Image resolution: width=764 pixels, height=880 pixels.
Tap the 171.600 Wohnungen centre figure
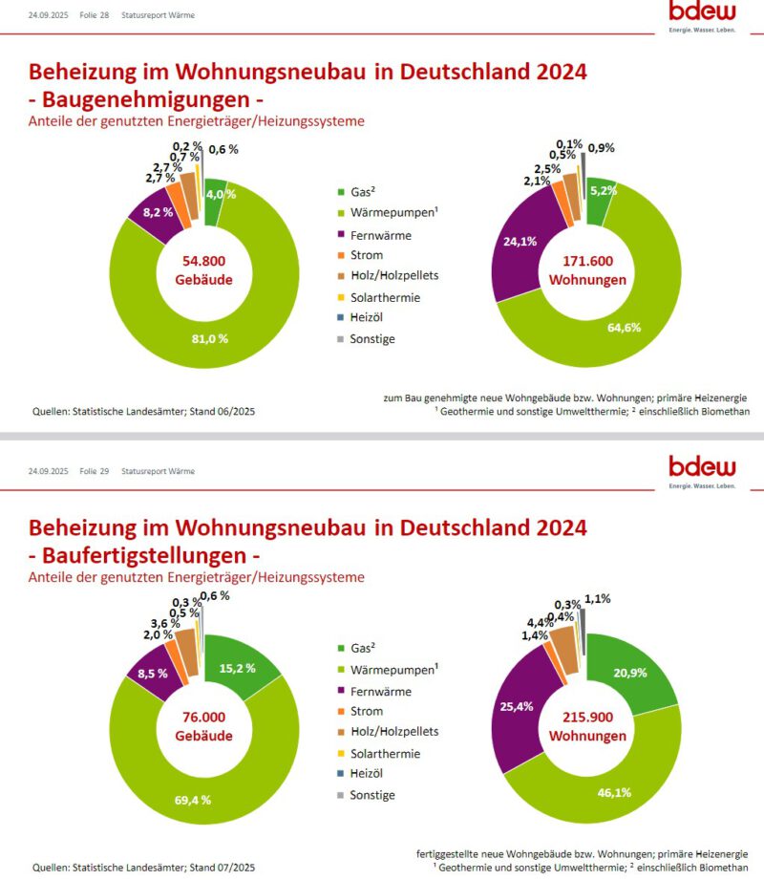587,270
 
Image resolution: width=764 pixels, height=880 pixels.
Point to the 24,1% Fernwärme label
520,241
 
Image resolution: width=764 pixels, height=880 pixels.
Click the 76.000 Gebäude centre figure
203,725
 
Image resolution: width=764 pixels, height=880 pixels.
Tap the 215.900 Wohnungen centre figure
587,726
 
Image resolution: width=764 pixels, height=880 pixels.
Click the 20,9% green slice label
630,673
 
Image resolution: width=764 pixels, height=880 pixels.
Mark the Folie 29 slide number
94,471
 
